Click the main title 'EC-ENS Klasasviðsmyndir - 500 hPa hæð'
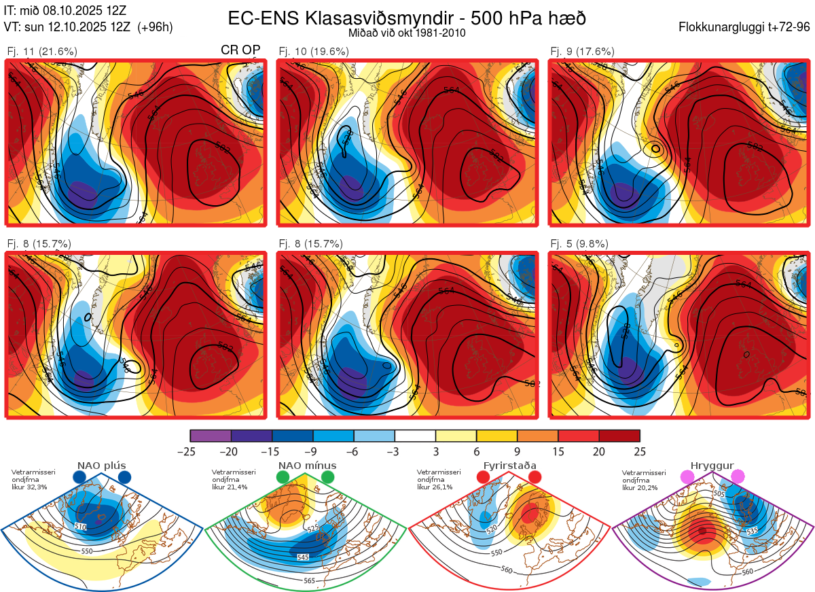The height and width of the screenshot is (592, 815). tap(406, 18)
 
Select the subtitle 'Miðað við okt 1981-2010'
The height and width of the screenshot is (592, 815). tap(406, 33)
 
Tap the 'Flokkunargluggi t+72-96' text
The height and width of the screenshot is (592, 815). tap(744, 27)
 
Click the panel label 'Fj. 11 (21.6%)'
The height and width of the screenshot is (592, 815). tap(41, 51)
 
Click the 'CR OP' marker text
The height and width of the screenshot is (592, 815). tap(240, 51)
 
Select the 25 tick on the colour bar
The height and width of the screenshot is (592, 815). tap(640, 451)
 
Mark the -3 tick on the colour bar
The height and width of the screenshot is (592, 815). tap(395, 451)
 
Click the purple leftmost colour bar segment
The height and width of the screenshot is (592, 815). tap(211, 436)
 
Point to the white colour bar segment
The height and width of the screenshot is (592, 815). tap(415, 436)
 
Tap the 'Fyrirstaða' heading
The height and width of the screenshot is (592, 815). tap(509, 466)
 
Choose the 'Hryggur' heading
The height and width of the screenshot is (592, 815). tap(712, 466)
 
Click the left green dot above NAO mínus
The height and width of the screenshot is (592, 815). tap(283, 478)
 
